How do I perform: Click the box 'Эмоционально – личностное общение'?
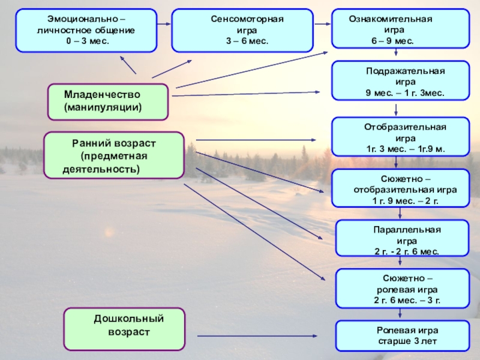point(87,30)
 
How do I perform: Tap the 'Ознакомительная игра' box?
point(401,28)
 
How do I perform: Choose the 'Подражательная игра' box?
point(401,80)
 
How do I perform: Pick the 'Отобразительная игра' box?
point(401,137)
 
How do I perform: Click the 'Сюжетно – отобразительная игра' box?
point(401,188)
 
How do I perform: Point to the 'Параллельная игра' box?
point(401,239)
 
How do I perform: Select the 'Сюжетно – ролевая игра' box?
point(401,288)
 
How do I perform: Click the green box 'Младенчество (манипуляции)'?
point(108,101)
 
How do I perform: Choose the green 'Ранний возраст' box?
point(114,155)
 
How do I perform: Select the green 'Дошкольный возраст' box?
point(125,329)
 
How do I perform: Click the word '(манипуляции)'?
point(103,108)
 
